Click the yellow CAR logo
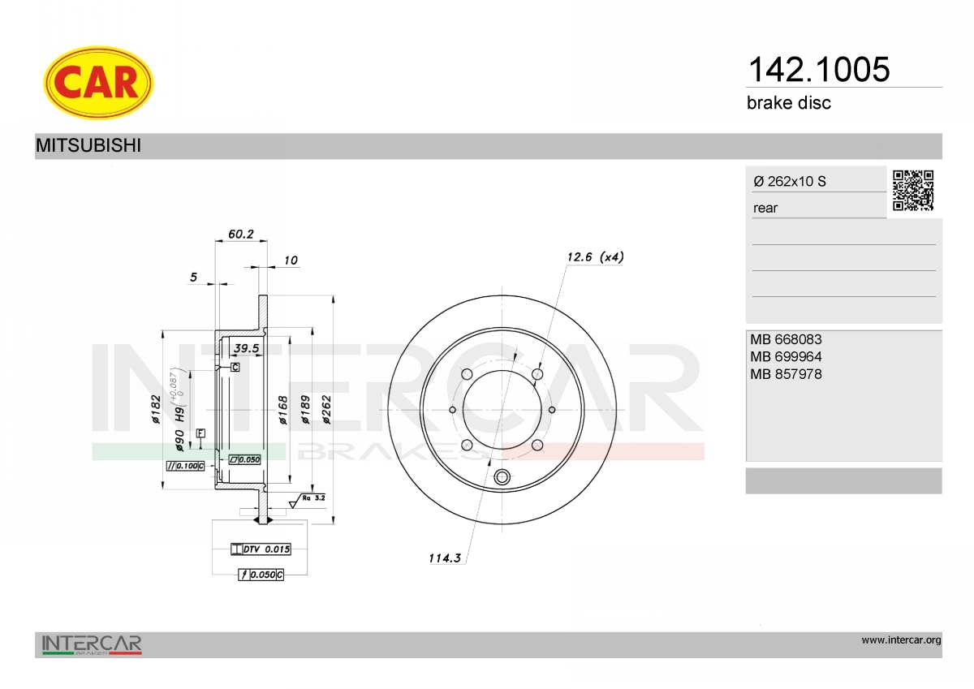(x=98, y=83)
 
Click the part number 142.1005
(x=819, y=69)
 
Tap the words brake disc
(x=789, y=103)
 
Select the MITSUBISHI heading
(x=88, y=145)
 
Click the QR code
(x=913, y=191)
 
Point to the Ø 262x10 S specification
(x=790, y=181)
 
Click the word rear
(x=765, y=209)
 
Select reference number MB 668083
(x=786, y=339)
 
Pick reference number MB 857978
(x=786, y=374)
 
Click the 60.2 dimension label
(x=241, y=235)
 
